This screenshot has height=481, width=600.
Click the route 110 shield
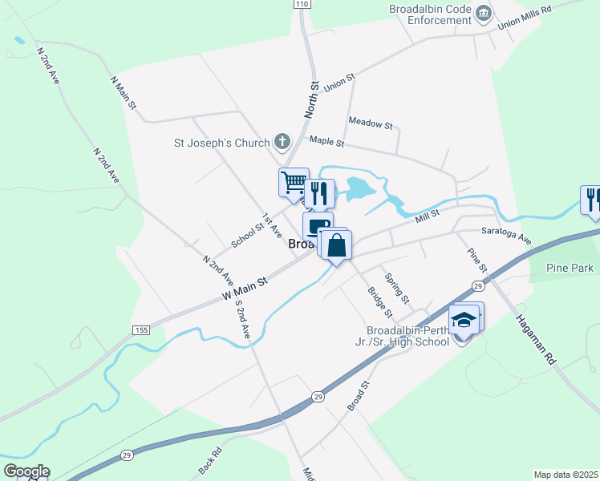[x=302, y=4]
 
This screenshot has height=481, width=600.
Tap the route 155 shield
[x=141, y=330]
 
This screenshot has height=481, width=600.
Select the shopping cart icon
[x=294, y=182]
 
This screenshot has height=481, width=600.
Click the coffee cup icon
[x=318, y=225]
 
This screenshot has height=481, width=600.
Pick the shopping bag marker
[x=338, y=244]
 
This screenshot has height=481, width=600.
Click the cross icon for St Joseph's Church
[x=282, y=143]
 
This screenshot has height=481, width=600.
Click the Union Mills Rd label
[x=525, y=15]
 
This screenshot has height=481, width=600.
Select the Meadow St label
[x=371, y=125]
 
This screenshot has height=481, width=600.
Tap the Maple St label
[x=326, y=142]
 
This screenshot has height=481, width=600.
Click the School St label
[x=247, y=232]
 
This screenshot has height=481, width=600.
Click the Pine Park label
[x=570, y=268]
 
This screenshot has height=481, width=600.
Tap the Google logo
[x=26, y=471]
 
